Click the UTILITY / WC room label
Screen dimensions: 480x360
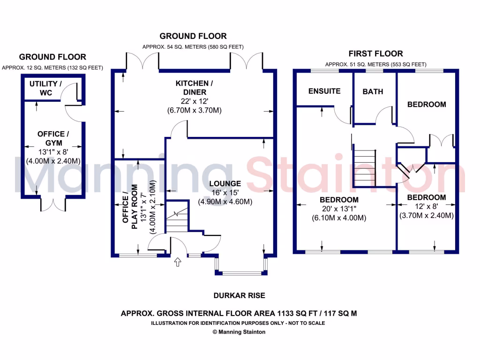45,88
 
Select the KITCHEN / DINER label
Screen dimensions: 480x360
194,88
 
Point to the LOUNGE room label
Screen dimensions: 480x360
225,184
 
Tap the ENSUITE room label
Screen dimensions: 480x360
324,91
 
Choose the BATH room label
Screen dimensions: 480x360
373,91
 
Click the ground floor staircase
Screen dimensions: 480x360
176,217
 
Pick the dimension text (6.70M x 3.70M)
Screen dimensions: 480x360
194,111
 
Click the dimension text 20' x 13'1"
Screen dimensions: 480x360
339,209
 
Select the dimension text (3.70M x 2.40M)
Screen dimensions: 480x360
426,216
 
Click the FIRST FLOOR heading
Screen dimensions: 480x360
375,53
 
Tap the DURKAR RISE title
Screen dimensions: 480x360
239,295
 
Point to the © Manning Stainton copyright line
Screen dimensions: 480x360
239,332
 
